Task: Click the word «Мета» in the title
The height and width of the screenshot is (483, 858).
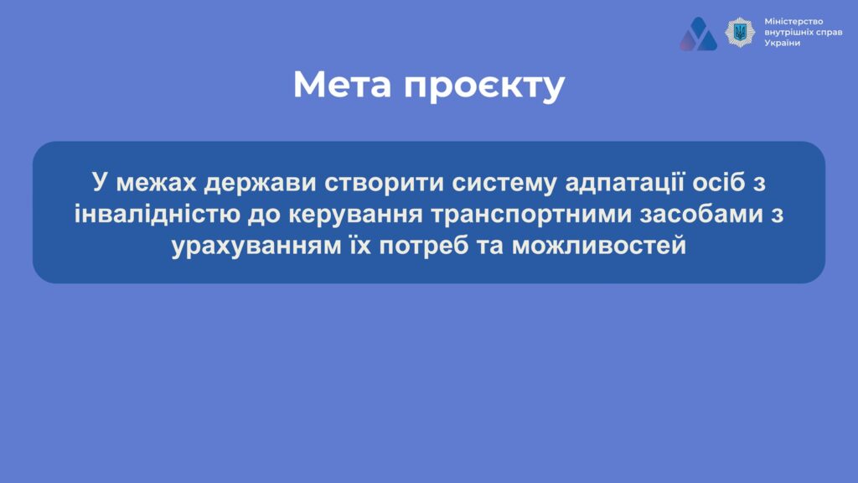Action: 343,85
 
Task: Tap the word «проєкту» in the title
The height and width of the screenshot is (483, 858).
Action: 484,86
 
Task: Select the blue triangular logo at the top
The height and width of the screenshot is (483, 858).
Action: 698,34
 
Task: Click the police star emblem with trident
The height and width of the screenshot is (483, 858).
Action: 740,32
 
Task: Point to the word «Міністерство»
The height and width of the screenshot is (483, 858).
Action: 793,21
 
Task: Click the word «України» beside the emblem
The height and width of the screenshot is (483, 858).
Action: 782,43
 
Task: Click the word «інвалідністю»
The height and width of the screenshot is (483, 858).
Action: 157,214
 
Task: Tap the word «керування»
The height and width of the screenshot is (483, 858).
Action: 355,215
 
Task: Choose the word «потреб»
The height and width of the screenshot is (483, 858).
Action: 424,246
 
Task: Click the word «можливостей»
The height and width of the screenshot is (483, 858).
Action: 599,246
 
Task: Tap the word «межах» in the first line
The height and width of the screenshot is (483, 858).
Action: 156,183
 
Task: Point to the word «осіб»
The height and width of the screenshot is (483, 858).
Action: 718,182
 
